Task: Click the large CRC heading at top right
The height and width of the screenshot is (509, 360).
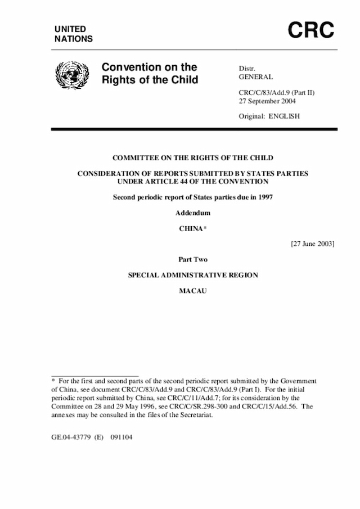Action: point(311,31)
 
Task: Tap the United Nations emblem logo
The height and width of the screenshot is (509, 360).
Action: point(70,75)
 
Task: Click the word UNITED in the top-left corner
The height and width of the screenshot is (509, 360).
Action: point(70,29)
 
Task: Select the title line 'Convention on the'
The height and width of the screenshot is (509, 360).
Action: point(149,67)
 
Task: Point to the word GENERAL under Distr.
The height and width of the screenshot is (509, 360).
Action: point(256,77)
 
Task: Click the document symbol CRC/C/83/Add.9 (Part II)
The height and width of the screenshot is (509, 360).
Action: point(276,92)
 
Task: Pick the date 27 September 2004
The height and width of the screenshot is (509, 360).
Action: point(268,101)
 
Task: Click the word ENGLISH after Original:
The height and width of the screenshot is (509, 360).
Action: point(285,116)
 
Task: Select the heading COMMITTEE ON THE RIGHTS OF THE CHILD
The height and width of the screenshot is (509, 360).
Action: point(193,159)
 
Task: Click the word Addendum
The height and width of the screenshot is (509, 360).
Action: point(192,213)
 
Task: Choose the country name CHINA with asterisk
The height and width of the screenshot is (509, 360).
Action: point(193,229)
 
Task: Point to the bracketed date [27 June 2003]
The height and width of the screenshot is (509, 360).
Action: point(313,244)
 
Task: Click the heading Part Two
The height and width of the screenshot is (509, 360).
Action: point(193,260)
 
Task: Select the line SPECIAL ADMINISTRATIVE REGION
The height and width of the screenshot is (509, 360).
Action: point(193,276)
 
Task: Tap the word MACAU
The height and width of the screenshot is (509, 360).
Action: point(193,291)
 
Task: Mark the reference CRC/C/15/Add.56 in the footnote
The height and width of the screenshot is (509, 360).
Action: point(271,406)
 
